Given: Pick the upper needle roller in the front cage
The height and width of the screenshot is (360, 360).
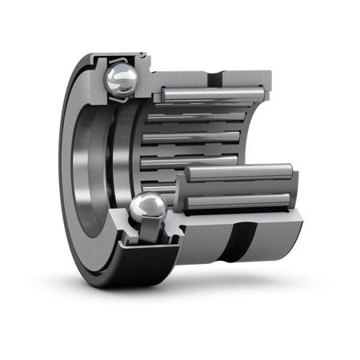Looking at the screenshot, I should [240, 172].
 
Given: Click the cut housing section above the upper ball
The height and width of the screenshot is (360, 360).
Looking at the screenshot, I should [120, 57].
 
